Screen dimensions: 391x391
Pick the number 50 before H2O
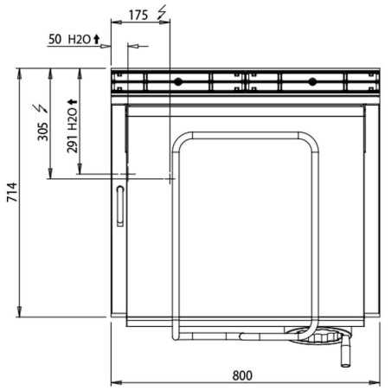[55, 39]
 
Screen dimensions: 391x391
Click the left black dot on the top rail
[178, 82]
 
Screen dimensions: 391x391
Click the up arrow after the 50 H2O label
[96, 39]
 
